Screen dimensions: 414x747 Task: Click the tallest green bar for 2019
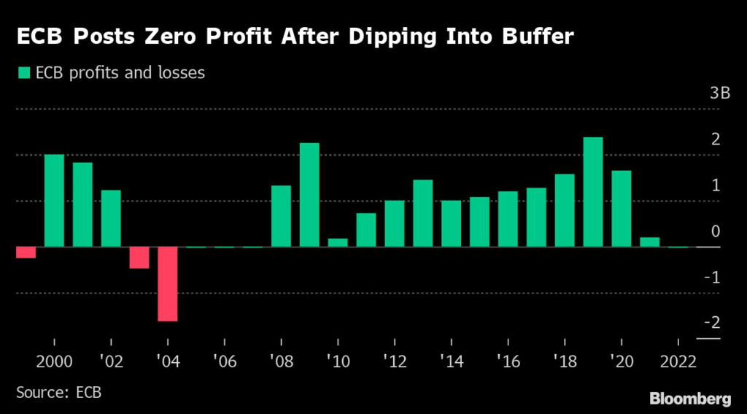point(593,192)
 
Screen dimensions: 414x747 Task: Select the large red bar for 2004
point(168,284)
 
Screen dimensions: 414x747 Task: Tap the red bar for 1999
point(26,253)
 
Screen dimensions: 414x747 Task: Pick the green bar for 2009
point(309,195)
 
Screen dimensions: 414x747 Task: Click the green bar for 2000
point(54,201)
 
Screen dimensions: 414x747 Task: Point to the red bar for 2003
point(139,258)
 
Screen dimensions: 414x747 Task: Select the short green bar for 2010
point(338,242)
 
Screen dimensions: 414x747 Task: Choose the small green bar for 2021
point(650,242)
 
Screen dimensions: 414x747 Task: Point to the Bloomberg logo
point(689,398)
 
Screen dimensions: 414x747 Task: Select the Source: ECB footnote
point(58,393)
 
